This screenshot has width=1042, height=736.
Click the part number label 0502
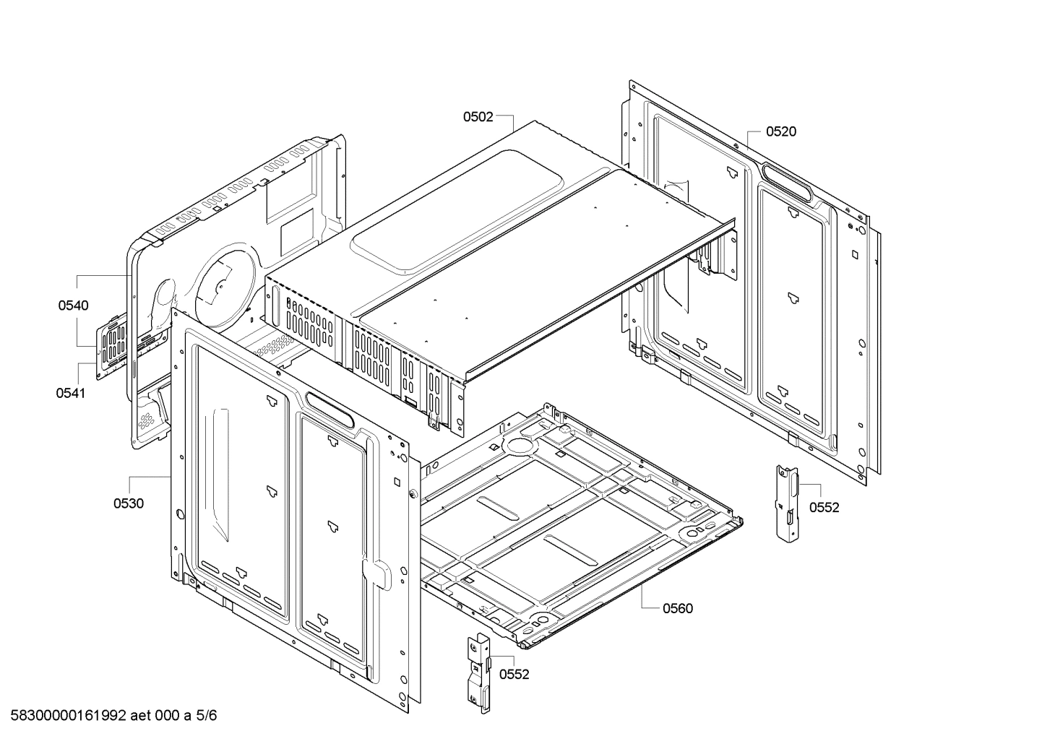(478, 116)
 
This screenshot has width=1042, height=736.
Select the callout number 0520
(781, 131)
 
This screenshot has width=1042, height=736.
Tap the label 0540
(74, 306)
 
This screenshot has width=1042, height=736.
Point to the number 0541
(70, 394)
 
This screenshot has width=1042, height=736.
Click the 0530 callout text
(128, 503)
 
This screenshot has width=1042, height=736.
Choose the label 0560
(677, 608)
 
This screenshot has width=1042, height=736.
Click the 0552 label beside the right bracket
(824, 508)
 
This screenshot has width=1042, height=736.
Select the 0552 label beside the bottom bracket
(514, 675)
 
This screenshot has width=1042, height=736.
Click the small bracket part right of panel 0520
(787, 501)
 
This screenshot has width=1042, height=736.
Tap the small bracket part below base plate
(479, 674)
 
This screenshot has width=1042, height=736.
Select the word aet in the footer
(142, 716)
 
